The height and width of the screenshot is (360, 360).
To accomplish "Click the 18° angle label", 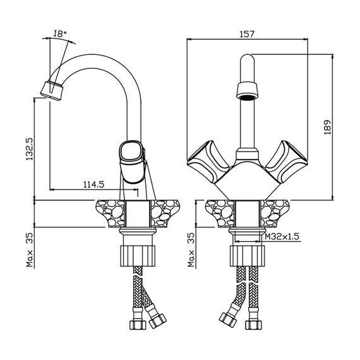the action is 60,33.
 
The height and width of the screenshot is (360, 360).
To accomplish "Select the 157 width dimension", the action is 248,34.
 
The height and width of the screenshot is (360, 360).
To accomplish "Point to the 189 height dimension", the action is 328,127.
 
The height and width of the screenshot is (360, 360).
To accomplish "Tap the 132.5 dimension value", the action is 30,149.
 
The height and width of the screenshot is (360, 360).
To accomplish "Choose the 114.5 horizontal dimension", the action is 93,184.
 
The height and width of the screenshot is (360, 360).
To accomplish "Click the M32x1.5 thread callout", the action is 282,236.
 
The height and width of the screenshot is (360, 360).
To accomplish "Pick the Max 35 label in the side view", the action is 30,250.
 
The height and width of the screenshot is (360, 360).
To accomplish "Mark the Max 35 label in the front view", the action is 191,250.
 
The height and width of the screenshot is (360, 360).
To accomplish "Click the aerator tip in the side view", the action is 51,91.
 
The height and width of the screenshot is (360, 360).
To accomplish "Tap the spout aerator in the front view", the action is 248,91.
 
